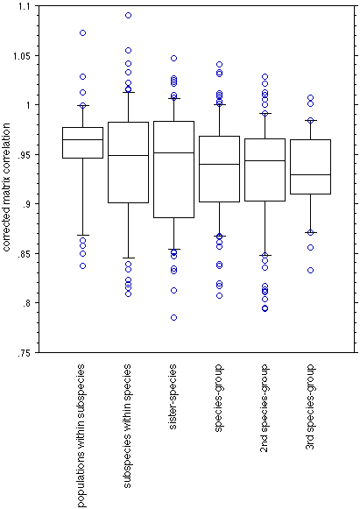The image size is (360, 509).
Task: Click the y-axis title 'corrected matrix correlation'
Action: pyautogui.click(x=7, y=187)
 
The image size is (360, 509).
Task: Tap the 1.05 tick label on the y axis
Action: pyautogui.click(x=23, y=56)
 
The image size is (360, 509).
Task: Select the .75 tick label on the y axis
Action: pyautogui.click(x=25, y=352)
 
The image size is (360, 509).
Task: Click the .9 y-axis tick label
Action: pyautogui.click(x=27, y=204)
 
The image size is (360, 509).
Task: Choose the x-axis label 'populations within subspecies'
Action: pyautogui.click(x=81, y=435)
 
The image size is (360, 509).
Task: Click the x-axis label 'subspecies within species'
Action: pyautogui.click(x=127, y=426)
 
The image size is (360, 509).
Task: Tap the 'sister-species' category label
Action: pyautogui.click(x=173, y=397)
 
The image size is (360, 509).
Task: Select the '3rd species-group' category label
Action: pyautogui.click(x=310, y=406)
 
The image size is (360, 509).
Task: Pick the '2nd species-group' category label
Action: pyautogui.click(x=265, y=408)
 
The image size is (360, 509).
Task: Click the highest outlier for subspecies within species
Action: pyautogui.click(x=128, y=15)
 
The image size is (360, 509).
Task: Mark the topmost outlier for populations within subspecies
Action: pyautogui.click(x=83, y=32)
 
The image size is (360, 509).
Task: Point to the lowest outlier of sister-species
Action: pyautogui.click(x=173, y=317)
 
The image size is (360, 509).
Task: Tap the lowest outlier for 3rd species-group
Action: pyautogui.click(x=310, y=270)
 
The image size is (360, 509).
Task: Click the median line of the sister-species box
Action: pyautogui.click(x=173, y=152)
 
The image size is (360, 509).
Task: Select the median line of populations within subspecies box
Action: pyautogui.click(x=83, y=139)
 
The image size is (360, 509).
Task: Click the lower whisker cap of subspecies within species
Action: pyautogui.click(x=128, y=258)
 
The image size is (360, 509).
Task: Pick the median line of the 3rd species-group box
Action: pyautogui.click(x=310, y=174)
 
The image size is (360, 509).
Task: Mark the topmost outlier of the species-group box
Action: pyautogui.click(x=220, y=64)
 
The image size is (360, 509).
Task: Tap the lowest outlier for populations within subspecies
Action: pyautogui.click(x=83, y=265)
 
